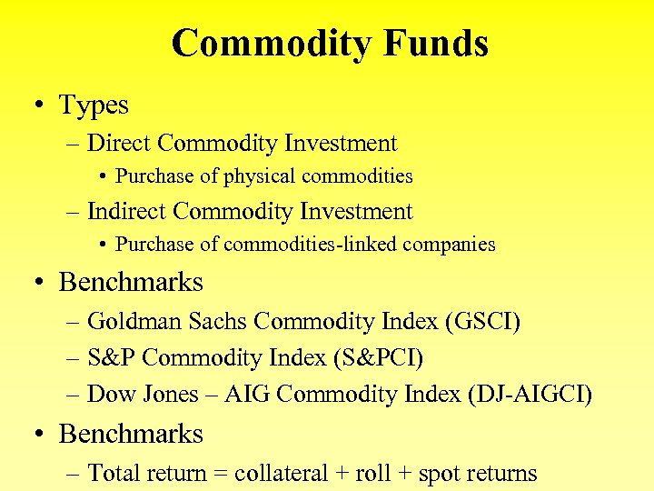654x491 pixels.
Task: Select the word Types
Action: [x=94, y=105]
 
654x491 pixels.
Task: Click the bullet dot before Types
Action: [x=41, y=105]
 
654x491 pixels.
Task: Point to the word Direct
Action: [x=119, y=144]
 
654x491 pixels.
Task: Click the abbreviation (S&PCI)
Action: [x=378, y=358]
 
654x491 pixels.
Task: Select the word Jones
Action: [x=168, y=395]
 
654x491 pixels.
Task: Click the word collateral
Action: [x=282, y=474]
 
